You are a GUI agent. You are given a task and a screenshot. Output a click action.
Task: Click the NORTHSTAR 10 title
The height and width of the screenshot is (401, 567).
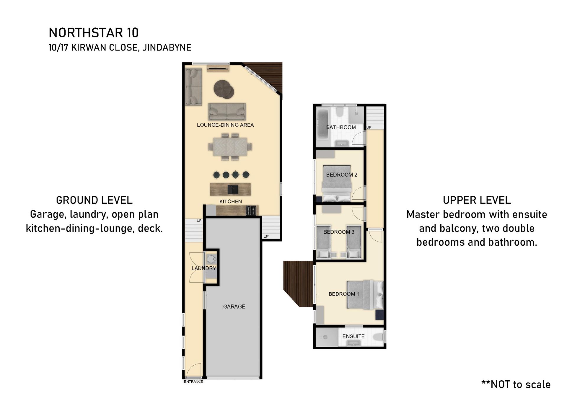click(x=94, y=33)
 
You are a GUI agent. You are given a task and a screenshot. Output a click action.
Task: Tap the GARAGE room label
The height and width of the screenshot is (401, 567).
click(x=234, y=307)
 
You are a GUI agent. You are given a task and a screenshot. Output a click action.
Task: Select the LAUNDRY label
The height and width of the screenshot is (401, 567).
click(x=204, y=268)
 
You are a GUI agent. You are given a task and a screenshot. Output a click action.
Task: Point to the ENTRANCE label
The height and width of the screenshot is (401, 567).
click(x=193, y=382)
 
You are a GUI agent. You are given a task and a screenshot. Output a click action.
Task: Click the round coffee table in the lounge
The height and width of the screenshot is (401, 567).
click(x=224, y=89)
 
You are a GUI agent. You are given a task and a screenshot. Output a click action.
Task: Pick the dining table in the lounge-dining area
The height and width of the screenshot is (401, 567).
click(x=230, y=147)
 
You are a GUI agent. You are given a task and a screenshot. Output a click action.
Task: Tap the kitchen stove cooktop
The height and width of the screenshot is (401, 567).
click(x=251, y=211)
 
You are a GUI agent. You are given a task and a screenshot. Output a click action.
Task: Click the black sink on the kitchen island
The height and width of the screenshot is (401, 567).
click(x=233, y=189)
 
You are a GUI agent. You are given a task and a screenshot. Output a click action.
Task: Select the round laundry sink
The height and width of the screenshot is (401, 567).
click(x=211, y=259)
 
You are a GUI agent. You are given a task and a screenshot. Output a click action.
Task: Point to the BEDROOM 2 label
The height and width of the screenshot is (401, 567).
click(x=342, y=175)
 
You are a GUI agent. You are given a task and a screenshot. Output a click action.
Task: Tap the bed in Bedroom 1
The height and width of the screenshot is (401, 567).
click(x=365, y=295)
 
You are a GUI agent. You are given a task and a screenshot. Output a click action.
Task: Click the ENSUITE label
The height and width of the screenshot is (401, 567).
click(x=353, y=336)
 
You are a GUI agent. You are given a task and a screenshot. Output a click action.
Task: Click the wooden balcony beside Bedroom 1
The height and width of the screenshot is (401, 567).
click(x=298, y=283)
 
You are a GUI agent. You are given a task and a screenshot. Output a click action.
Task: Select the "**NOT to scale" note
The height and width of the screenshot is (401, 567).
click(x=516, y=384)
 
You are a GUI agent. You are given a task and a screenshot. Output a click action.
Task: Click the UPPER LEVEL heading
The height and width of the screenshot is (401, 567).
click(x=477, y=200)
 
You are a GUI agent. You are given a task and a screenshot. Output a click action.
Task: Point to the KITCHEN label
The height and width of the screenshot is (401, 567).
click(x=231, y=201)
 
